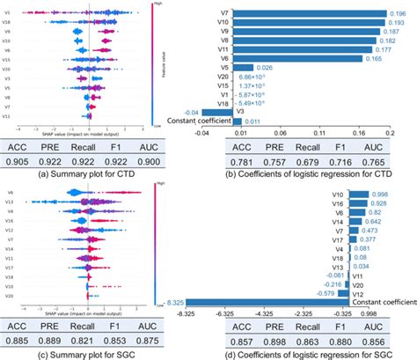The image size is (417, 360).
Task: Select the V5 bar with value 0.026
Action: [x=241, y=67]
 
